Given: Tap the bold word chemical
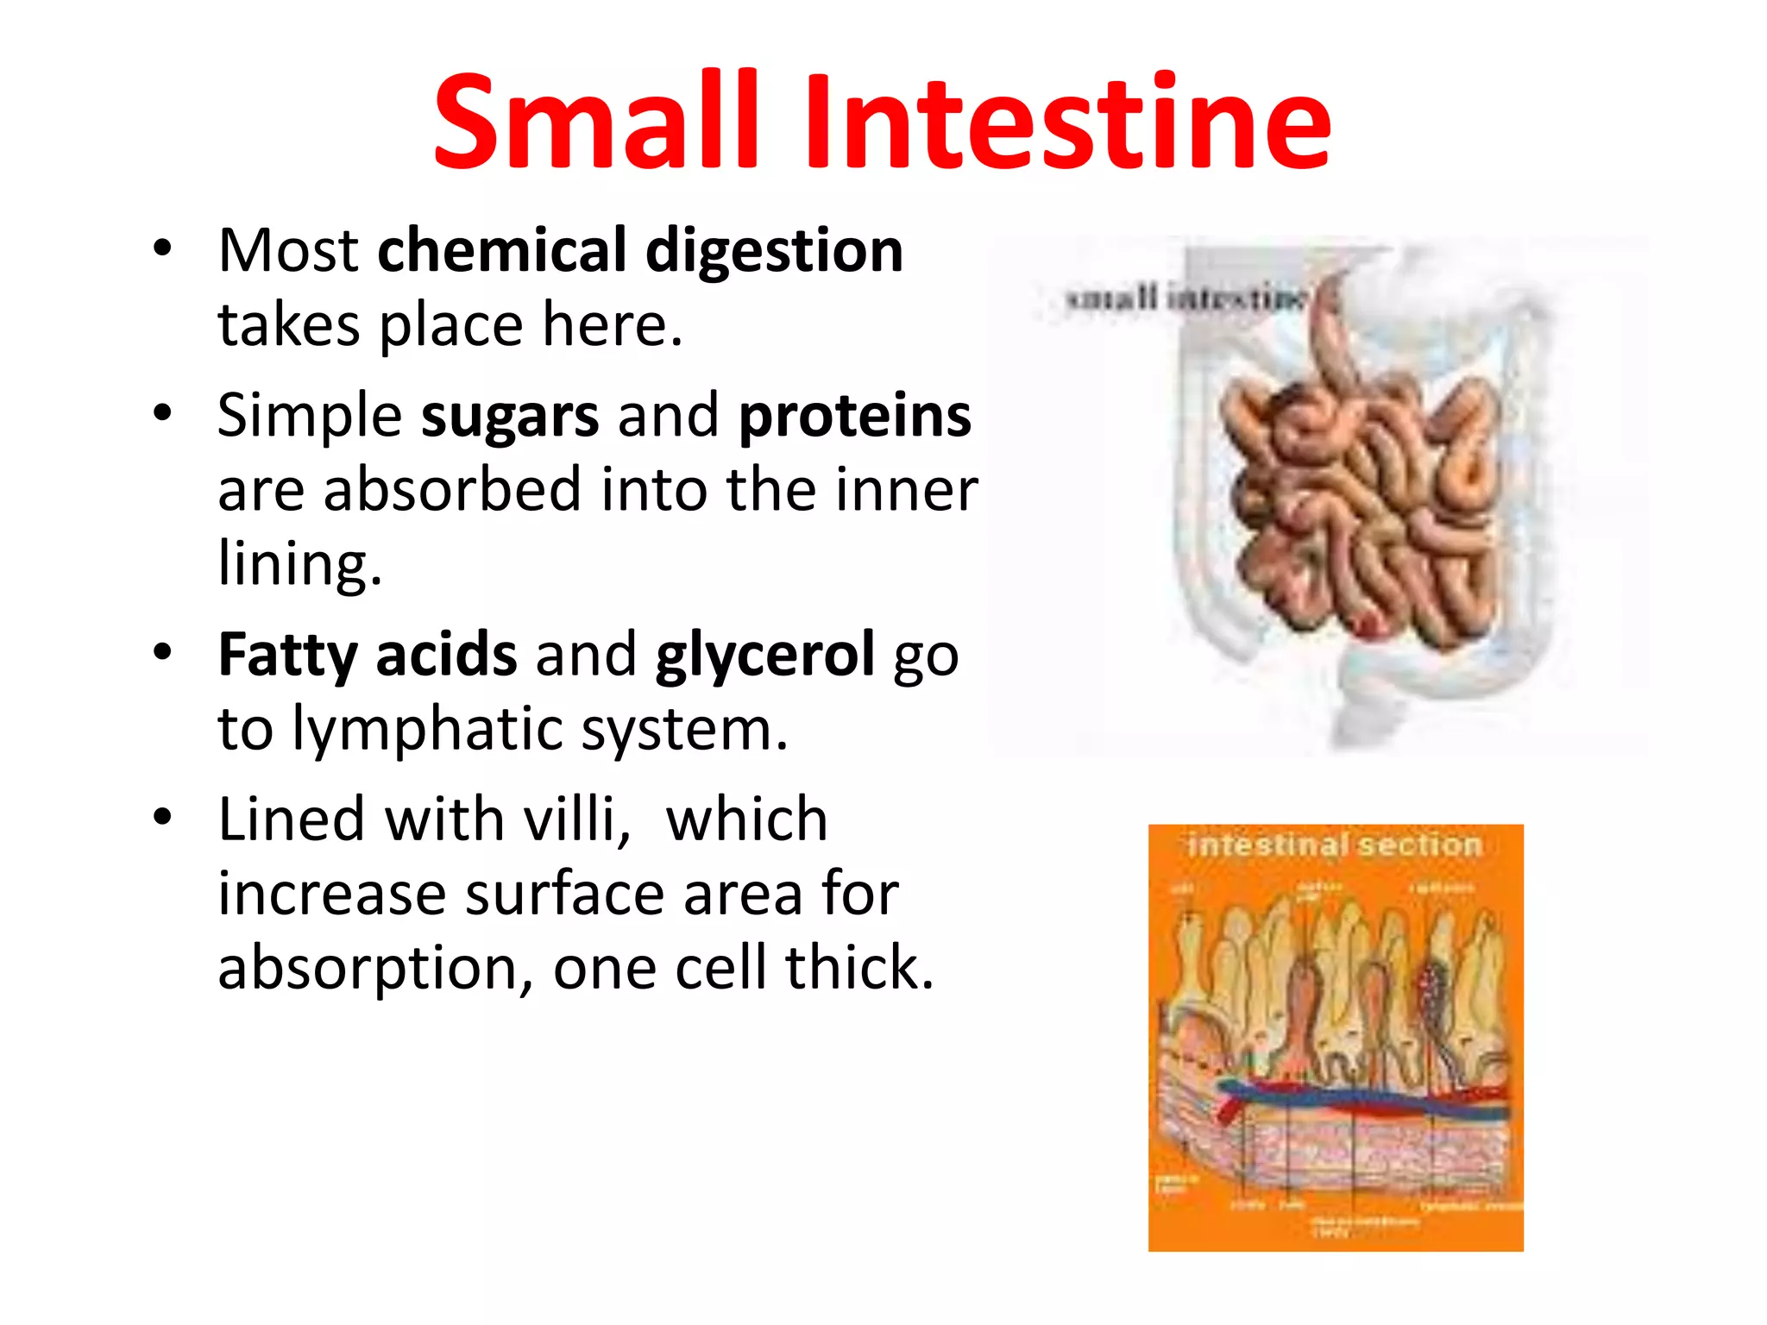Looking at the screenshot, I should pyautogui.click(x=502, y=250).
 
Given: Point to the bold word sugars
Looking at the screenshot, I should pyautogui.click(x=509, y=417).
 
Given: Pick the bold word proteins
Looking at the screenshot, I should pyautogui.click(x=854, y=417).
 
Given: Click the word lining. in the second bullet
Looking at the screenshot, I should pyautogui.click(x=299, y=565).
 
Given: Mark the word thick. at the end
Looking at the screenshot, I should pyautogui.click(x=858, y=968).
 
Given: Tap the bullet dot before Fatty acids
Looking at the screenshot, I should pyautogui.click(x=162, y=652).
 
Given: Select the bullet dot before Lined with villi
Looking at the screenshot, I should pyautogui.click(x=162, y=817).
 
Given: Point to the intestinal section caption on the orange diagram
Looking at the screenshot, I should pyautogui.click(x=1334, y=845).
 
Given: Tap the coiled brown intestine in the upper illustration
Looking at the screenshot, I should pyautogui.click(x=1363, y=509).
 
